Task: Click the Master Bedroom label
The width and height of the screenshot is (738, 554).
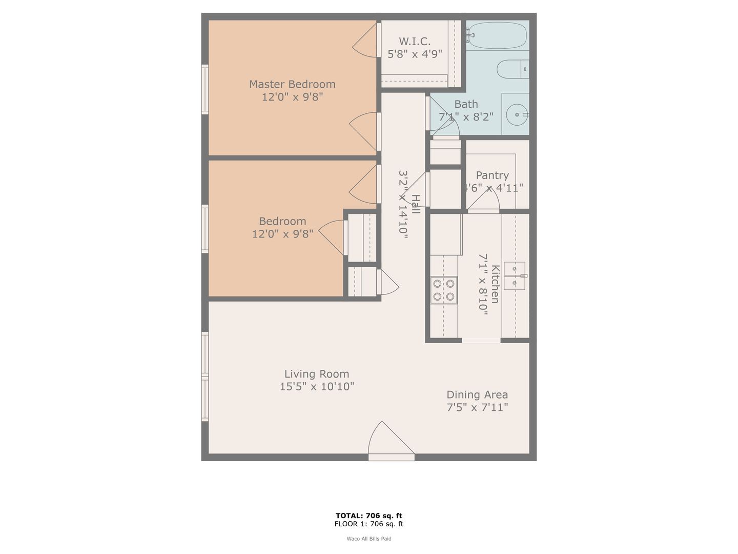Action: pos(292,84)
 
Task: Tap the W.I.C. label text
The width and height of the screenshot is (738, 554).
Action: pos(415,42)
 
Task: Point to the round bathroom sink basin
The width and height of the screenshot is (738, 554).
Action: pos(517,115)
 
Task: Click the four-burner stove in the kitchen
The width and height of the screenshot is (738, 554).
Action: pos(444,290)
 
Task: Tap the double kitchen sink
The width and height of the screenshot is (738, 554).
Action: pos(515,276)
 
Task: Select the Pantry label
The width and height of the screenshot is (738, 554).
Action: pos(492,175)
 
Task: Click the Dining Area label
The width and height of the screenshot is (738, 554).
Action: pos(477,394)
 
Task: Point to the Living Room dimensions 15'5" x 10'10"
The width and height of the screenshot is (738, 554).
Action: pos(317,386)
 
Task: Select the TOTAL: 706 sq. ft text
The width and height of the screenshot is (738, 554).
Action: pos(369,516)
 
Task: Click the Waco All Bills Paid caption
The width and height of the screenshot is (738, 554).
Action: pos(369,539)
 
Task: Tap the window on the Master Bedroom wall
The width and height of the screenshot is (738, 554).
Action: pos(205,89)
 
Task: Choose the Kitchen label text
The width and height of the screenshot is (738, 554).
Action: pos(495,284)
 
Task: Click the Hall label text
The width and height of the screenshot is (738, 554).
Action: pos(416,204)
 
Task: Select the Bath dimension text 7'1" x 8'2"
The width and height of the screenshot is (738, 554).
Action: pos(466,117)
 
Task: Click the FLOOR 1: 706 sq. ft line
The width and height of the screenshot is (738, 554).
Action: pos(369,524)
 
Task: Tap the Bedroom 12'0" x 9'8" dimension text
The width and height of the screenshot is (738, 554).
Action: pos(282,234)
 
